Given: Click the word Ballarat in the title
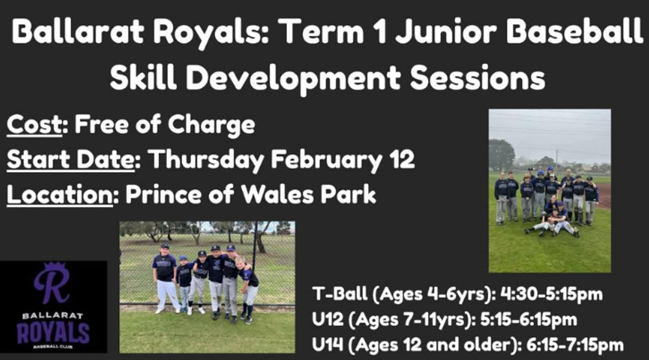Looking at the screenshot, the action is click(78, 31).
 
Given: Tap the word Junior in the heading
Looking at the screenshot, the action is click(446, 31).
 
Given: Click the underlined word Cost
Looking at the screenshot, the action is click(35, 125).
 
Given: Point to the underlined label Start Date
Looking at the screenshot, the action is click(70, 159).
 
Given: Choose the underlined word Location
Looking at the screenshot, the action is click(59, 194).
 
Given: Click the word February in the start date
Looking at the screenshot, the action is click(326, 160).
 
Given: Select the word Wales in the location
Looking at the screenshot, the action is click(277, 194).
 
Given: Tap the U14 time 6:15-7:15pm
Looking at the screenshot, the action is click(575, 345).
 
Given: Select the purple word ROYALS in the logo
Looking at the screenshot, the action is click(54, 333).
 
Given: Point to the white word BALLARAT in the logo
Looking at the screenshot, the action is click(53, 316).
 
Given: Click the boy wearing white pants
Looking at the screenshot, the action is click(165, 278).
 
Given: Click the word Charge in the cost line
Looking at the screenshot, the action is click(211, 125).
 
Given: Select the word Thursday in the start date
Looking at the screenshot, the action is click(207, 160).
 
